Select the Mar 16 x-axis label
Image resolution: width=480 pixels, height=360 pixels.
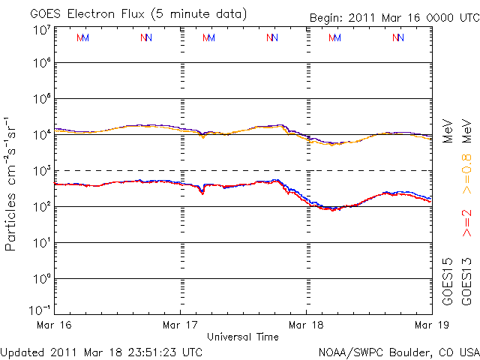tap(55, 325)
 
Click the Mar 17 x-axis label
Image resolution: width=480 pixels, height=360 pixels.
tap(181, 325)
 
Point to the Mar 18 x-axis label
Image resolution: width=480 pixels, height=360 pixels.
tap(307, 325)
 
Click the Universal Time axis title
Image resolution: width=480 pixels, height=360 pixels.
tap(243, 337)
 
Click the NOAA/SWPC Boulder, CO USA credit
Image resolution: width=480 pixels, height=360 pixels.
tap(397, 351)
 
